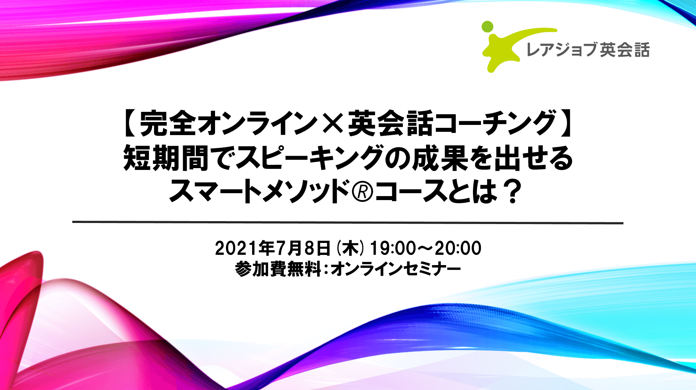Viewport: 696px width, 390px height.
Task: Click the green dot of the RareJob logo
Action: click(487, 27)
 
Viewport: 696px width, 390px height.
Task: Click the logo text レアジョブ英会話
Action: click(588, 50)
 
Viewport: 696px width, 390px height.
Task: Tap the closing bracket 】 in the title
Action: click(566, 123)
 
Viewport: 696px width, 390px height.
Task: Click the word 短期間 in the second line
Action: click(166, 158)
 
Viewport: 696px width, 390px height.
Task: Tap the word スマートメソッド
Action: click(259, 192)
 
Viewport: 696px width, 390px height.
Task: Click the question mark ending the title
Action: click(513, 192)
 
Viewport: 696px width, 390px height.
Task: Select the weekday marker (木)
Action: click(350, 249)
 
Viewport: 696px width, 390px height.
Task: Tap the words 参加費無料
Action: click(278, 269)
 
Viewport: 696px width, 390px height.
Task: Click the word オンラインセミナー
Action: click(396, 269)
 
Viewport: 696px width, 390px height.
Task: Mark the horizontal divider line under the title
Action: click(348, 222)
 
